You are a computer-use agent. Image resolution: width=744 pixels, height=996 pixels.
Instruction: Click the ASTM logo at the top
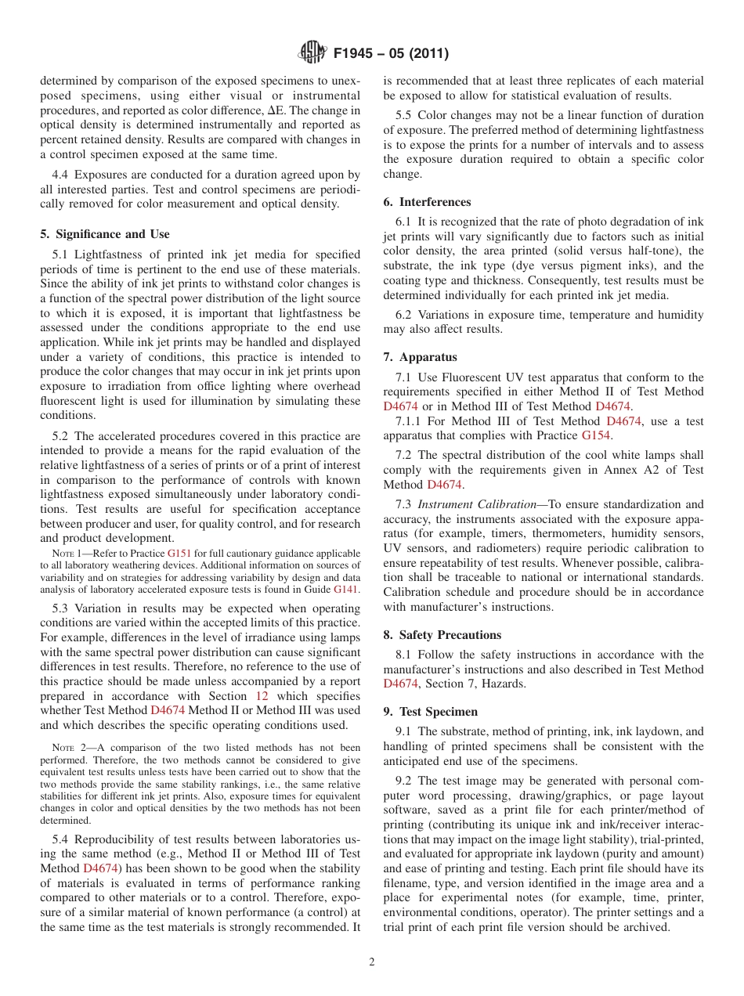point(313,53)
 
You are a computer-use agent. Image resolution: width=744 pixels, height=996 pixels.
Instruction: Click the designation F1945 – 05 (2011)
point(390,54)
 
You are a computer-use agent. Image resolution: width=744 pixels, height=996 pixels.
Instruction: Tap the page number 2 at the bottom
point(372,962)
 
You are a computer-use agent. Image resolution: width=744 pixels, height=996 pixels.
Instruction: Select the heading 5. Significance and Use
point(104,234)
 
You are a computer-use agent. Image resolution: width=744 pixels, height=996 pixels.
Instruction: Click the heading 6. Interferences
point(427,202)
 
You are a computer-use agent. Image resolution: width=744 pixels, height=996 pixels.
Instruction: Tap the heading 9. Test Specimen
point(430,712)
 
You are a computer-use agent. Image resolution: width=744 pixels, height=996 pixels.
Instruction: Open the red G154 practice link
point(597,435)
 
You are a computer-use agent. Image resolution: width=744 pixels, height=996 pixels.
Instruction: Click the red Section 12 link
point(262,696)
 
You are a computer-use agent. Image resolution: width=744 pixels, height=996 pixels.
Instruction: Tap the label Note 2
point(62,748)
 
